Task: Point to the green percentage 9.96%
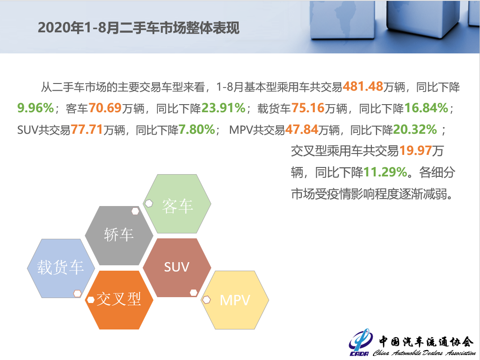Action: tap(35, 108)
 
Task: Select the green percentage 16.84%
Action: tap(426, 108)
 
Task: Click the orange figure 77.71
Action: tap(87, 130)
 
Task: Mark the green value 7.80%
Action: tap(197, 130)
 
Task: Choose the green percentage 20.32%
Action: tap(415, 130)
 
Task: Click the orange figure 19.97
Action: tap(415, 151)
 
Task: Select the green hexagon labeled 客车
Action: tap(177, 204)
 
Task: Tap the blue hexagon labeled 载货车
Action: tap(61, 268)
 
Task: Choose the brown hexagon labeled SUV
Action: tap(177, 268)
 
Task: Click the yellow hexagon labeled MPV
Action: tap(235, 300)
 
